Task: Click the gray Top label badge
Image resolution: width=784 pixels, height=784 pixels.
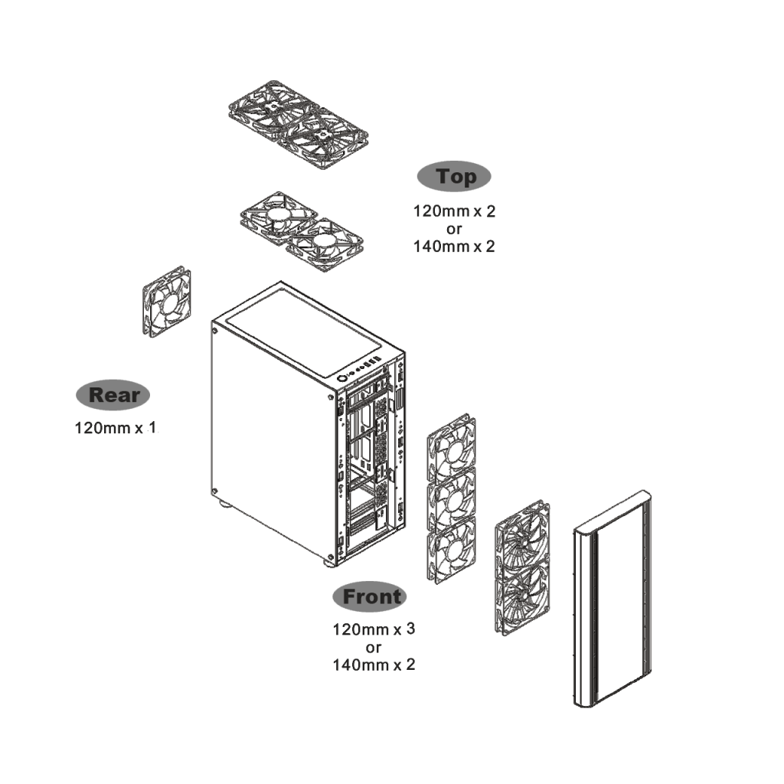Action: pyautogui.click(x=454, y=177)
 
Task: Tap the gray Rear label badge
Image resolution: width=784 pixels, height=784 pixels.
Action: pyautogui.click(x=113, y=395)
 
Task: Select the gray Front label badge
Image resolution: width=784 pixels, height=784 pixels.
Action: pyautogui.click(x=369, y=596)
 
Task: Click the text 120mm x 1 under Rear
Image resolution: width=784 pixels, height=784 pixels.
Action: pyautogui.click(x=115, y=427)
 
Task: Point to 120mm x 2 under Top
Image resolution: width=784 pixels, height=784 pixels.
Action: pyautogui.click(x=454, y=211)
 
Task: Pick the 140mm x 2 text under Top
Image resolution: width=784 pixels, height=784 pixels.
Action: pyautogui.click(x=454, y=246)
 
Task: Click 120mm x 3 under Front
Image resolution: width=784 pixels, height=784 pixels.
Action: pyautogui.click(x=374, y=630)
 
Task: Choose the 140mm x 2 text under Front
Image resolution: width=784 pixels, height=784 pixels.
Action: pyautogui.click(x=374, y=665)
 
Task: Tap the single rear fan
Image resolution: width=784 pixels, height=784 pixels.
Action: pyautogui.click(x=166, y=301)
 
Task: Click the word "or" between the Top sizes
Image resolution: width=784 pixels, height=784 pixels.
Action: pyautogui.click(x=454, y=228)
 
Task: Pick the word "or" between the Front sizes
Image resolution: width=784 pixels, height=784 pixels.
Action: pyautogui.click(x=374, y=648)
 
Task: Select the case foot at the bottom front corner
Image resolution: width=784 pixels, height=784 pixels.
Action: pyautogui.click(x=330, y=563)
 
